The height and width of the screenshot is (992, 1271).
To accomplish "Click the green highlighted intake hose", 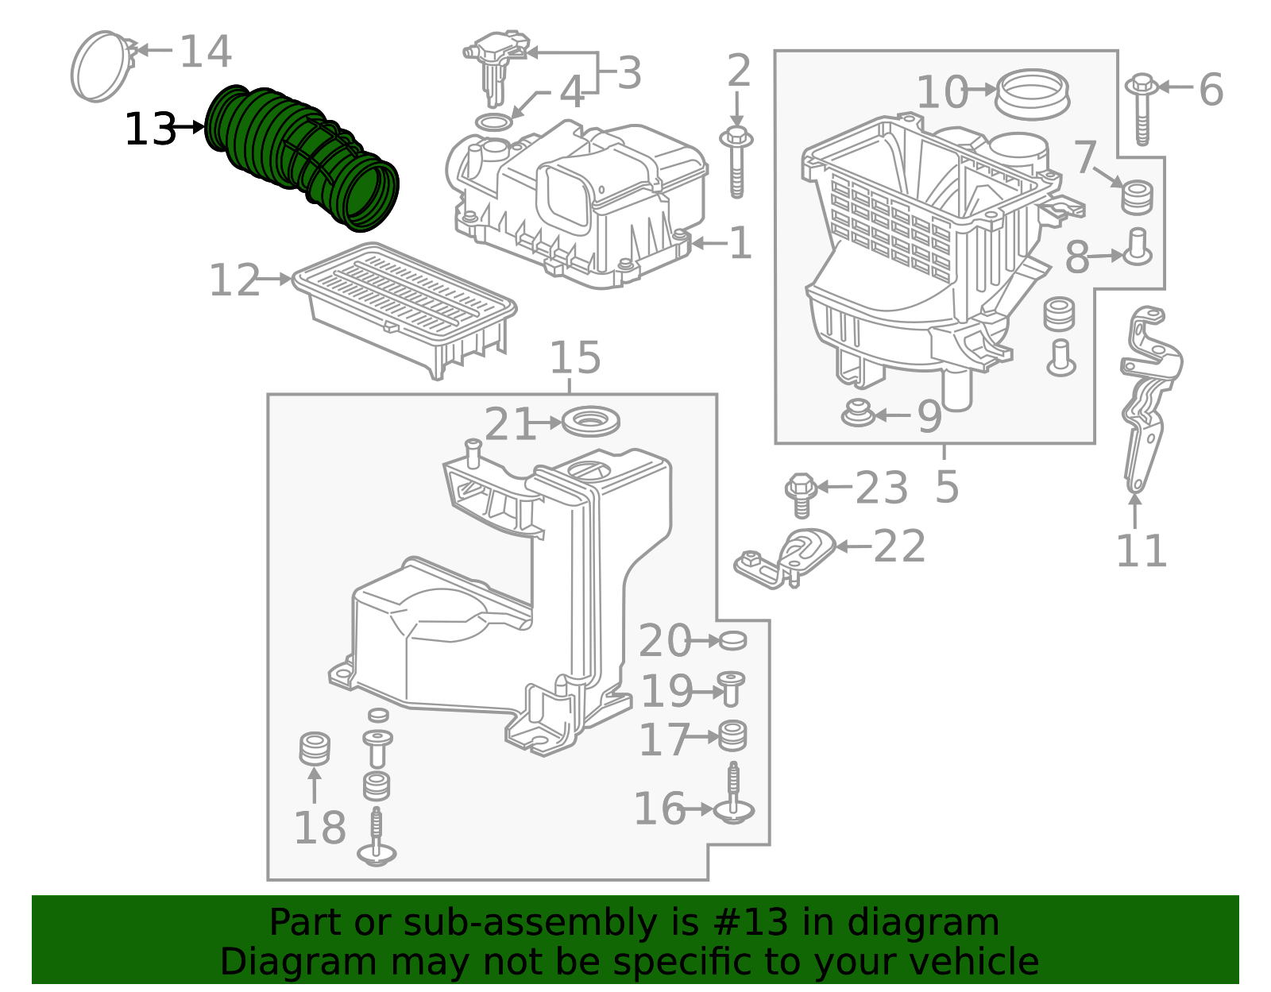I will click(x=302, y=159).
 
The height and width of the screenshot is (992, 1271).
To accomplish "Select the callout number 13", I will click(x=149, y=129).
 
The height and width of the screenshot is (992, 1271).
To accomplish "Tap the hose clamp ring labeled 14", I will click(x=101, y=67).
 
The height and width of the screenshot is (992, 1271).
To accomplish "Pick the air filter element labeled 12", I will click(x=405, y=306).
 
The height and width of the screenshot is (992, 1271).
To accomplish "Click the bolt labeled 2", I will click(x=736, y=163).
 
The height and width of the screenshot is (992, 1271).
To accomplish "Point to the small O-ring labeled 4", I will click(x=493, y=123).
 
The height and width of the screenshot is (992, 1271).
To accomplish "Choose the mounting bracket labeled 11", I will click(x=1148, y=397).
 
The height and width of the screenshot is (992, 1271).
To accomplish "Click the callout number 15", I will click(x=575, y=358).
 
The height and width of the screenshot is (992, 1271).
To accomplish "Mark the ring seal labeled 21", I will click(x=590, y=422).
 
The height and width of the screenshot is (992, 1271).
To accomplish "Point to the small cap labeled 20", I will click(x=732, y=640).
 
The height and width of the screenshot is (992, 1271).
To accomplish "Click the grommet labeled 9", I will click(x=858, y=414).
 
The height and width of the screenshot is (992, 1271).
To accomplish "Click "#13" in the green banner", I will click(x=750, y=923).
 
